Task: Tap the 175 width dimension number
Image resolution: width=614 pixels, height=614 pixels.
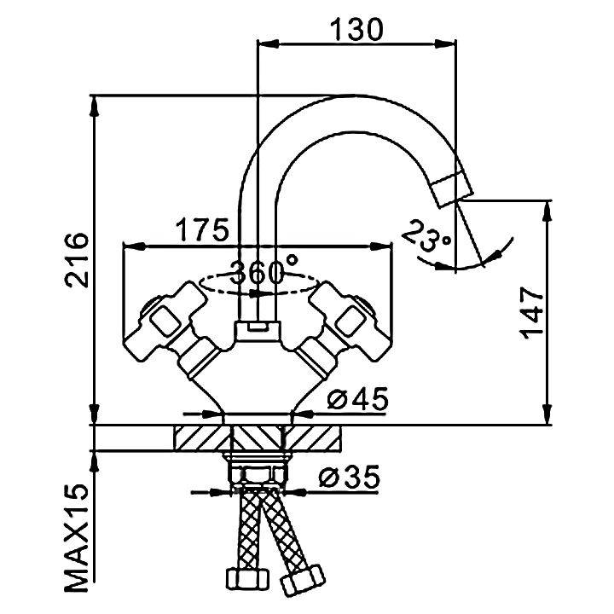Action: tap(202, 230)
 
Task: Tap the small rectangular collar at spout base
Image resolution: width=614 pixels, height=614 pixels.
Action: tap(258, 327)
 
